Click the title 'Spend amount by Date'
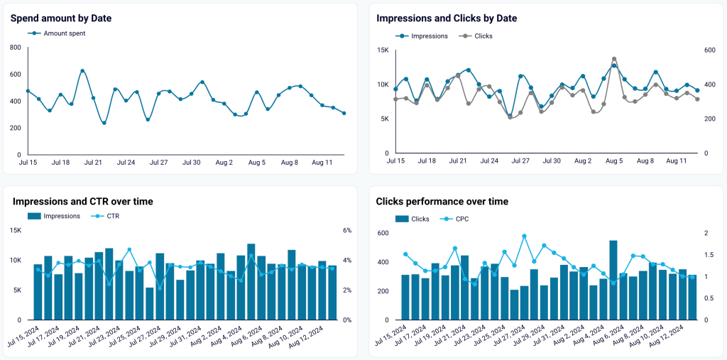[x=61, y=18]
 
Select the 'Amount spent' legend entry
[x=64, y=33]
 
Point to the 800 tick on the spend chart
[x=15, y=48]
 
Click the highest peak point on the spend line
[x=82, y=71]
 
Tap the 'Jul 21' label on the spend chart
[x=94, y=163]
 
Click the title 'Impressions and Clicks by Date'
[x=447, y=18]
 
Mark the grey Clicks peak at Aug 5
[x=614, y=59]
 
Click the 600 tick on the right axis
[x=709, y=50]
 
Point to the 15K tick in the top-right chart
[x=383, y=50]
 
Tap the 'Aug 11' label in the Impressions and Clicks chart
[x=677, y=161]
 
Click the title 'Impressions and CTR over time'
[x=82, y=202]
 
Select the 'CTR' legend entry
[x=111, y=216]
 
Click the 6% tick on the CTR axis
[x=347, y=231]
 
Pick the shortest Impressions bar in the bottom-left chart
[x=150, y=304]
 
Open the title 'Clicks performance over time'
[x=442, y=202]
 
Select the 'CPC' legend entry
[x=460, y=219]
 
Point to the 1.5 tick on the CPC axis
[x=707, y=255]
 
